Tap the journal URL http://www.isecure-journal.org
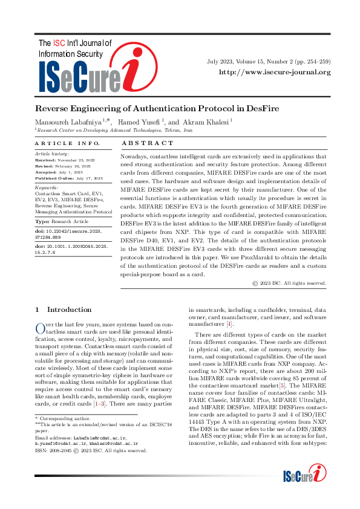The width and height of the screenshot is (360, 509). pos(274,73)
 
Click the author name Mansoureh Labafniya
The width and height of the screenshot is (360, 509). pos(68,122)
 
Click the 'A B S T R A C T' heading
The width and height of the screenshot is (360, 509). pos(148,143)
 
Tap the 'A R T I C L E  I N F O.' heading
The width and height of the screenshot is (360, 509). pos(67,143)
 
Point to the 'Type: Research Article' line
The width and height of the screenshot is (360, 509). pos(62,222)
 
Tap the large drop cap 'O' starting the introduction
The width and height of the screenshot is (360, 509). pos(40,328)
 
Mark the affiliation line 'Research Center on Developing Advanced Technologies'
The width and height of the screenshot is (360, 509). pos(114,130)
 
